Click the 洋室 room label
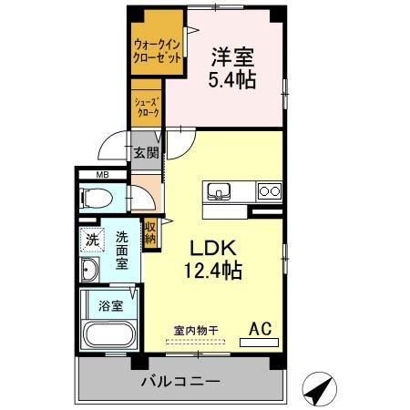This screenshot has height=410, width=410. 233,57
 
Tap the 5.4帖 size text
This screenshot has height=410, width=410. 232,79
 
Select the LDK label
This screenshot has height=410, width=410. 213,248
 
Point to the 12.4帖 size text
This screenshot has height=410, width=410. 213,271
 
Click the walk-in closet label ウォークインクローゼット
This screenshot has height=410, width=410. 158,51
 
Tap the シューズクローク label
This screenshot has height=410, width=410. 148,108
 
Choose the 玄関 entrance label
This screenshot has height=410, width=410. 147,152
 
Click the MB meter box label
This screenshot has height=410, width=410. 102,175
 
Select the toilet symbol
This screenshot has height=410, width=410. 96,199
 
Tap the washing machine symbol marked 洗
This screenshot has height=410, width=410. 92,240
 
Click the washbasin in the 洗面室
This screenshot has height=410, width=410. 89,270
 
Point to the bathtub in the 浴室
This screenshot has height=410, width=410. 109,334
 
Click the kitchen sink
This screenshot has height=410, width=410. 219,191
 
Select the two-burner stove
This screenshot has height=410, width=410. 270,191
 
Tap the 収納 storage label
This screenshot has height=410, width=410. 150,233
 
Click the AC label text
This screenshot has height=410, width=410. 261,329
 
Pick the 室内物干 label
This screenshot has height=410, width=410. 196,331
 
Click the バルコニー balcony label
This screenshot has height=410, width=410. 180,381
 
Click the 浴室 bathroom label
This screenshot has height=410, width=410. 111,306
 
